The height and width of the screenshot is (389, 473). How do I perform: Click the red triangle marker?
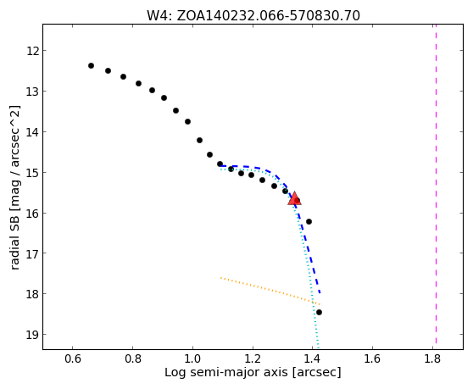(294, 198)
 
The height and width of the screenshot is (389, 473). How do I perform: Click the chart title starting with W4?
(253, 16)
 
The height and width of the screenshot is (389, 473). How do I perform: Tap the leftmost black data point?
(91, 66)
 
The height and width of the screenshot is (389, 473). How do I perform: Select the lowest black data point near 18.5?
(319, 312)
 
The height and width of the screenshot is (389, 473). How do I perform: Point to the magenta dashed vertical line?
(436, 184)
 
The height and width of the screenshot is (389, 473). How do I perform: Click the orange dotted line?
(270, 291)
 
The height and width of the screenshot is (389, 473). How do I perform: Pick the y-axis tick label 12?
(32, 51)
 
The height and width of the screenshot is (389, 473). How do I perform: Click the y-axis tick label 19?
(32, 335)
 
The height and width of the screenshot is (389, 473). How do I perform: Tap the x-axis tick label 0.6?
(72, 358)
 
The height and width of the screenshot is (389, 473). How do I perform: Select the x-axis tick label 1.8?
(432, 358)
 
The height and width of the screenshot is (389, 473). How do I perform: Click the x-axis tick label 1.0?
(192, 358)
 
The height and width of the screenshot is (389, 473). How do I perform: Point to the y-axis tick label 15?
(32, 173)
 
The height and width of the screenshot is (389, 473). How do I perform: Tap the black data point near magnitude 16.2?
(309, 222)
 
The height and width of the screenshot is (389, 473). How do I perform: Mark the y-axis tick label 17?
(32, 253)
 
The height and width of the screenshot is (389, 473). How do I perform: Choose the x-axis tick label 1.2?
(253, 358)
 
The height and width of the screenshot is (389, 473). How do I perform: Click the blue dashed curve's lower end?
(320, 293)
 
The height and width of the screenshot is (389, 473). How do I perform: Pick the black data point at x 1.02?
(199, 140)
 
